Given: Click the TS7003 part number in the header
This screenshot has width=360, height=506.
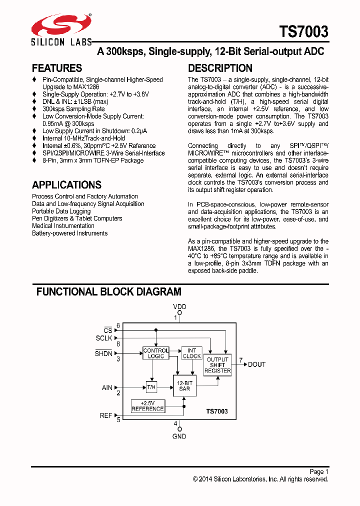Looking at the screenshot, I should point(304,32).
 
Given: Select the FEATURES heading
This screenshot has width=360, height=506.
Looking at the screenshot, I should point(57,68).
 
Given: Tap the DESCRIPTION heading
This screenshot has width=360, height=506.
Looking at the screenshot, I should point(220,68).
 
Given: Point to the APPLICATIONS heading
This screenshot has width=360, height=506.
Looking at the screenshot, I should point(66,184).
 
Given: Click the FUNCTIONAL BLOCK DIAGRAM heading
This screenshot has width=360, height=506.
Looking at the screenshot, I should point(108,291).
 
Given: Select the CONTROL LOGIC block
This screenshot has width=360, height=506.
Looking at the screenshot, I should point(156,353).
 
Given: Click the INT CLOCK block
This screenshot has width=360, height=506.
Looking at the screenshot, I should point(192,353).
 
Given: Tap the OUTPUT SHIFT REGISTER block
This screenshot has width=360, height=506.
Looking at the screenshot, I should point(217,365).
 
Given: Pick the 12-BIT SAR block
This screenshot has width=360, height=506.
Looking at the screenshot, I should point(184,386).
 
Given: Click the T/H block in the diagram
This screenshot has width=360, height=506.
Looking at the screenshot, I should point(151,386).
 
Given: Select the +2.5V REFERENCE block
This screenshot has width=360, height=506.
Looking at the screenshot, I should point(147,406).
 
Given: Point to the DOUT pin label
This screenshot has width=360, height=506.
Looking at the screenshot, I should point(257,364).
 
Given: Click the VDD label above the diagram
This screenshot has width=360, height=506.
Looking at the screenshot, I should point(179,306).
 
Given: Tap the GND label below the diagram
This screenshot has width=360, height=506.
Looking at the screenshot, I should point(179,436).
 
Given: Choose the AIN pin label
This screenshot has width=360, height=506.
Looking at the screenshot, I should point(107,387).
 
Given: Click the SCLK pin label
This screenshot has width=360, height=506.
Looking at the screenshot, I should point(104,338).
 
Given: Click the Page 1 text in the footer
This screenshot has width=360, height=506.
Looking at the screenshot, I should point(318,471).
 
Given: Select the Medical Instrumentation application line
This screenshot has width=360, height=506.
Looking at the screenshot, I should point(63,226).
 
